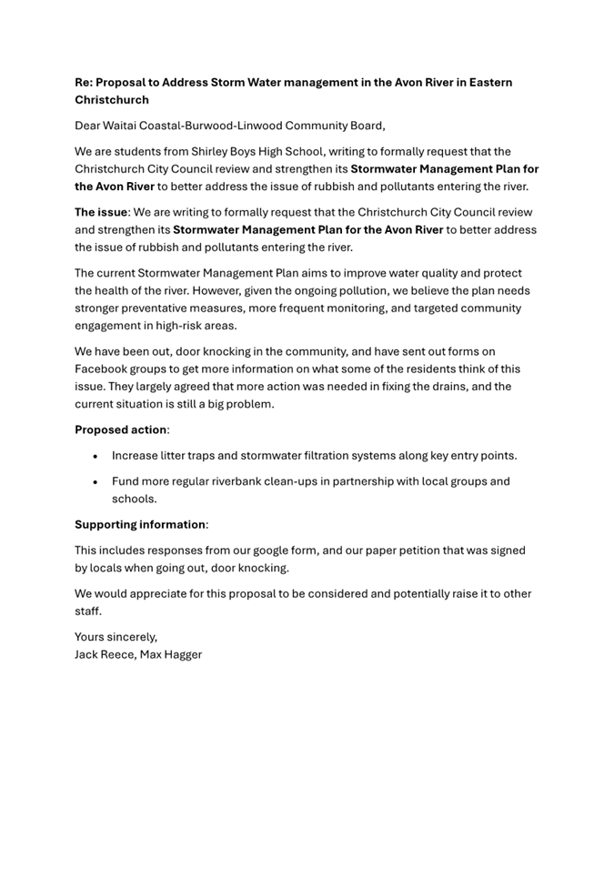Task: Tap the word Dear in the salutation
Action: pyautogui.click(x=89, y=126)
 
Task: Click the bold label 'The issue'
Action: pyautogui.click(x=101, y=212)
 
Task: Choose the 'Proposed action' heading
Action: pyautogui.click(x=121, y=429)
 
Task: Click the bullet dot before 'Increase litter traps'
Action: pyautogui.click(x=95, y=456)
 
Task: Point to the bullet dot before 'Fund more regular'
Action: pyautogui.click(x=95, y=481)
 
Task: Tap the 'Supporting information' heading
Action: pyautogui.click(x=140, y=524)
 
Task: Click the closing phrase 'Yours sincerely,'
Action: pyautogui.click(x=116, y=637)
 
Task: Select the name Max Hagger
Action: pyautogui.click(x=171, y=654)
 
